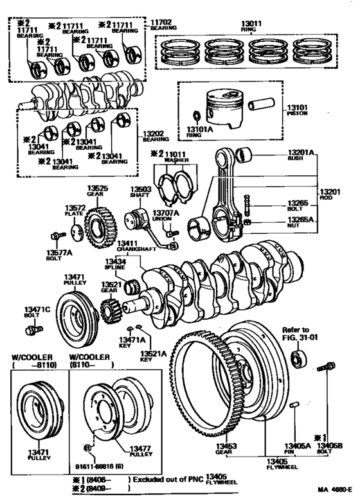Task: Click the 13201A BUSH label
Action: click(x=301, y=155)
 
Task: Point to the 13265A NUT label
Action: click(x=301, y=222)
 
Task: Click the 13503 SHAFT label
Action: click(x=140, y=193)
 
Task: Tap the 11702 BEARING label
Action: click(x=163, y=26)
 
